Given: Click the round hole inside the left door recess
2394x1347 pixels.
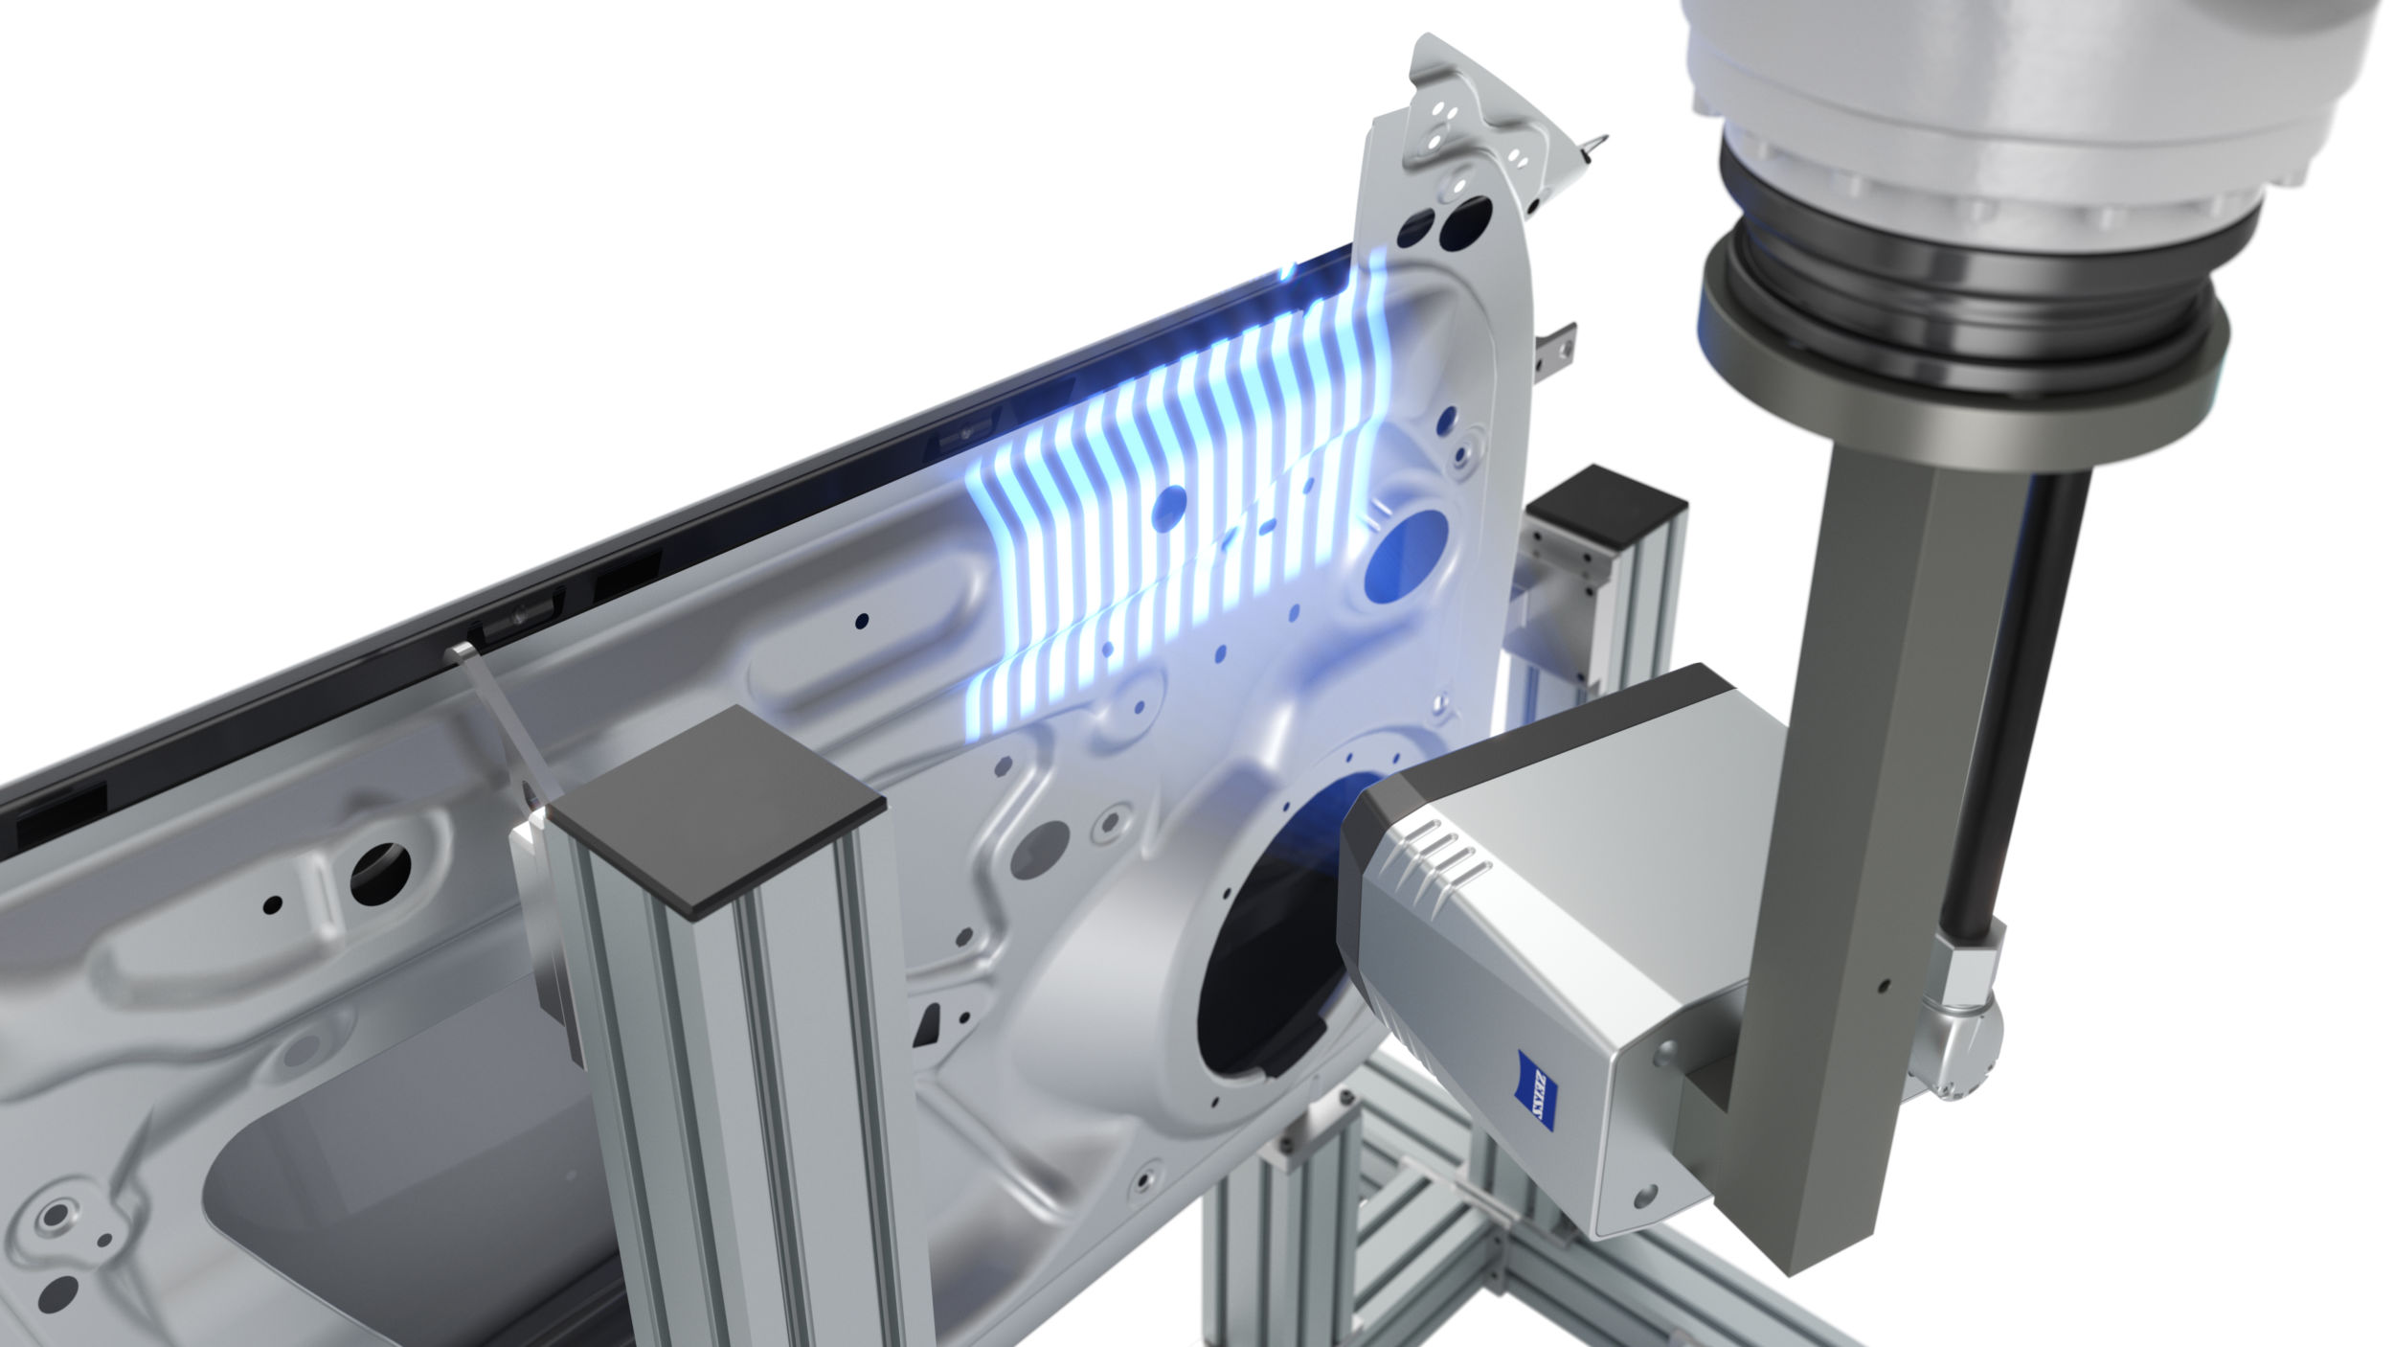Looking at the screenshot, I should coord(380,873).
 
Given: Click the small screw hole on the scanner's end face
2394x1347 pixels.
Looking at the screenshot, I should coord(1643,1197).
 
